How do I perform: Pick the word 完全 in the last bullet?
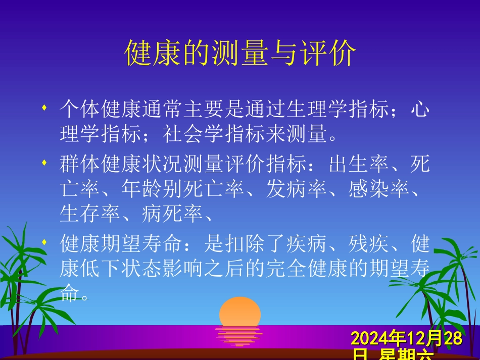(298, 269)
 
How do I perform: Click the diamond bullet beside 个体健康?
(46, 108)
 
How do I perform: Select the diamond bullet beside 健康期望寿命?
(46, 242)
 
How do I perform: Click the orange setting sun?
(240, 312)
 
